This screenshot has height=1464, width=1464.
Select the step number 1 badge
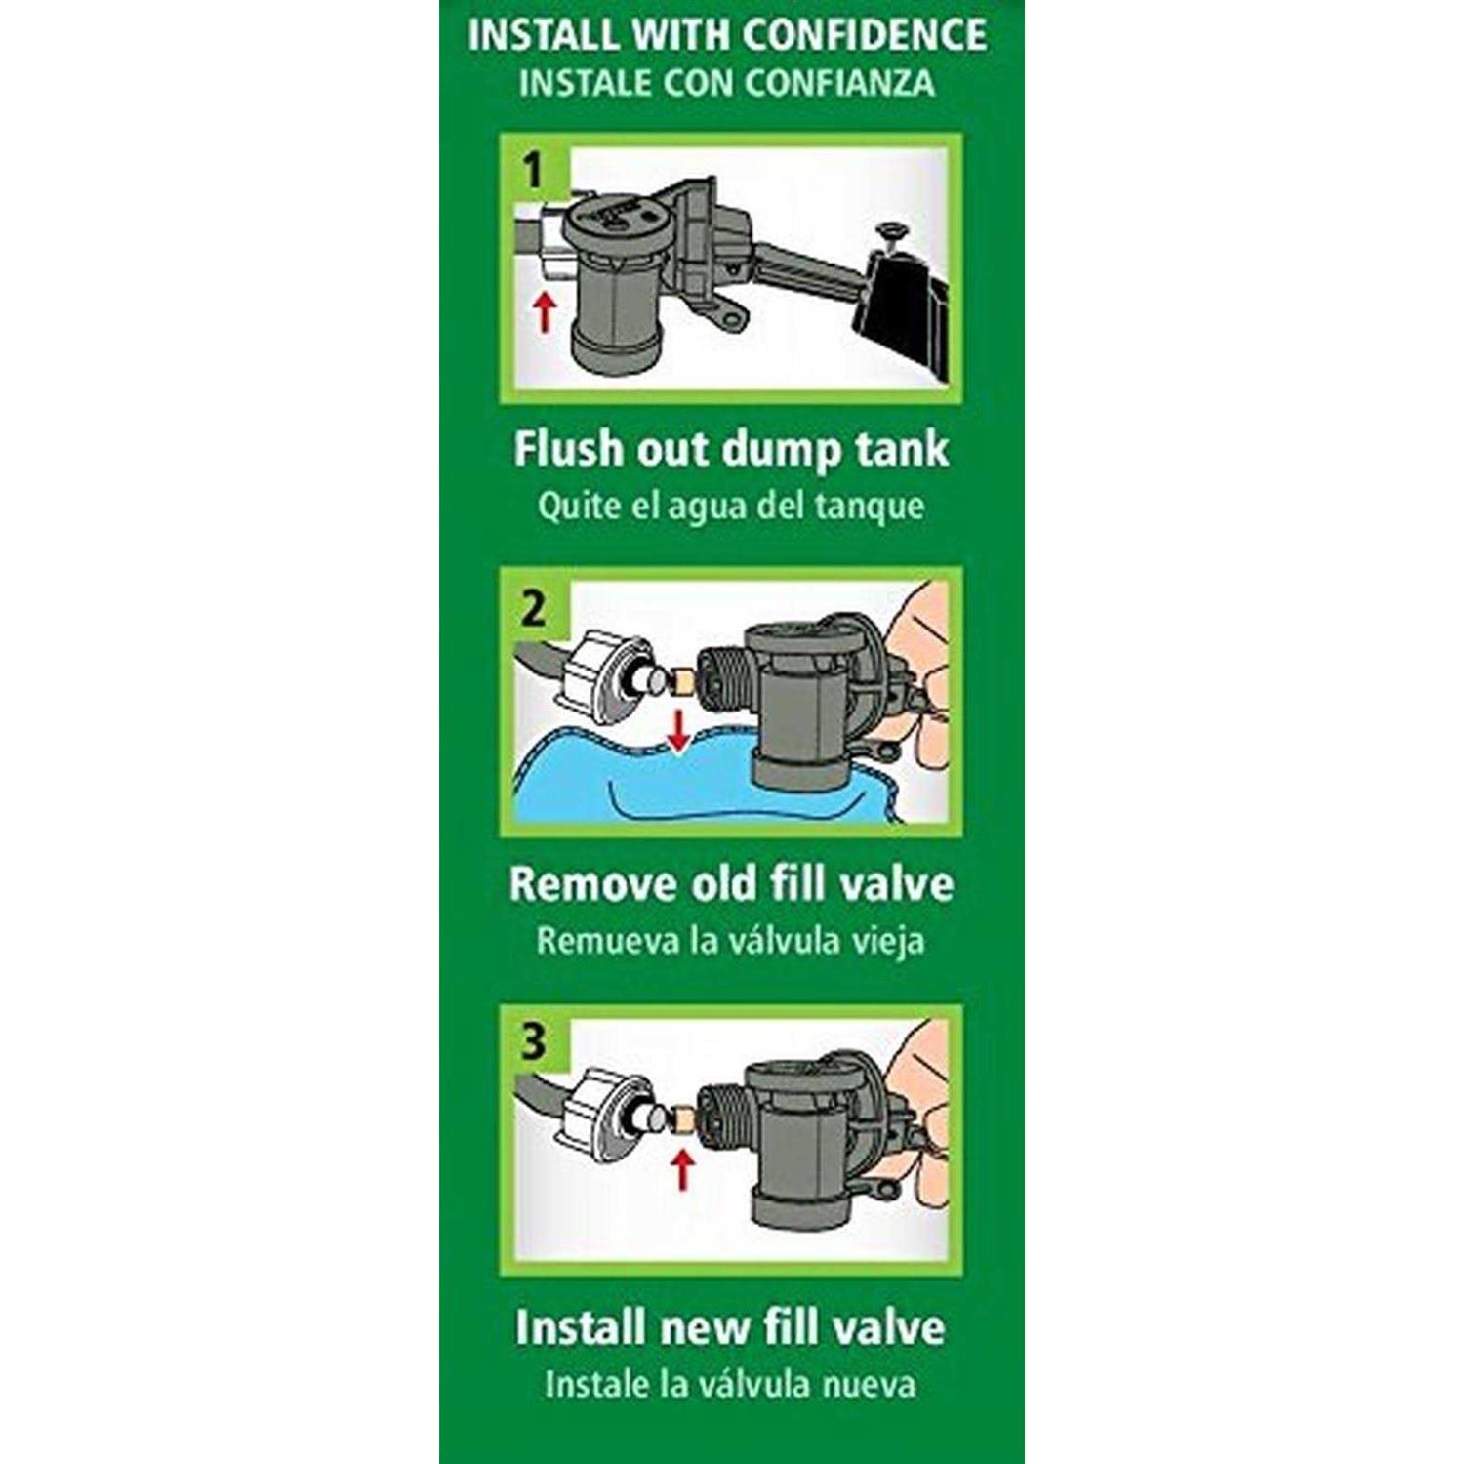[x=532, y=171]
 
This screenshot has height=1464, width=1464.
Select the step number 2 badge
[x=533, y=609]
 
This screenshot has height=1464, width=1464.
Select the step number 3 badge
[x=533, y=1041]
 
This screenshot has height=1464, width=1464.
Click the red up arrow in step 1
[x=545, y=311]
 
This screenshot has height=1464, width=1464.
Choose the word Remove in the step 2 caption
[x=579, y=884]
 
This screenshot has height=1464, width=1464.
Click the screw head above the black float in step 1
[x=889, y=232]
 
